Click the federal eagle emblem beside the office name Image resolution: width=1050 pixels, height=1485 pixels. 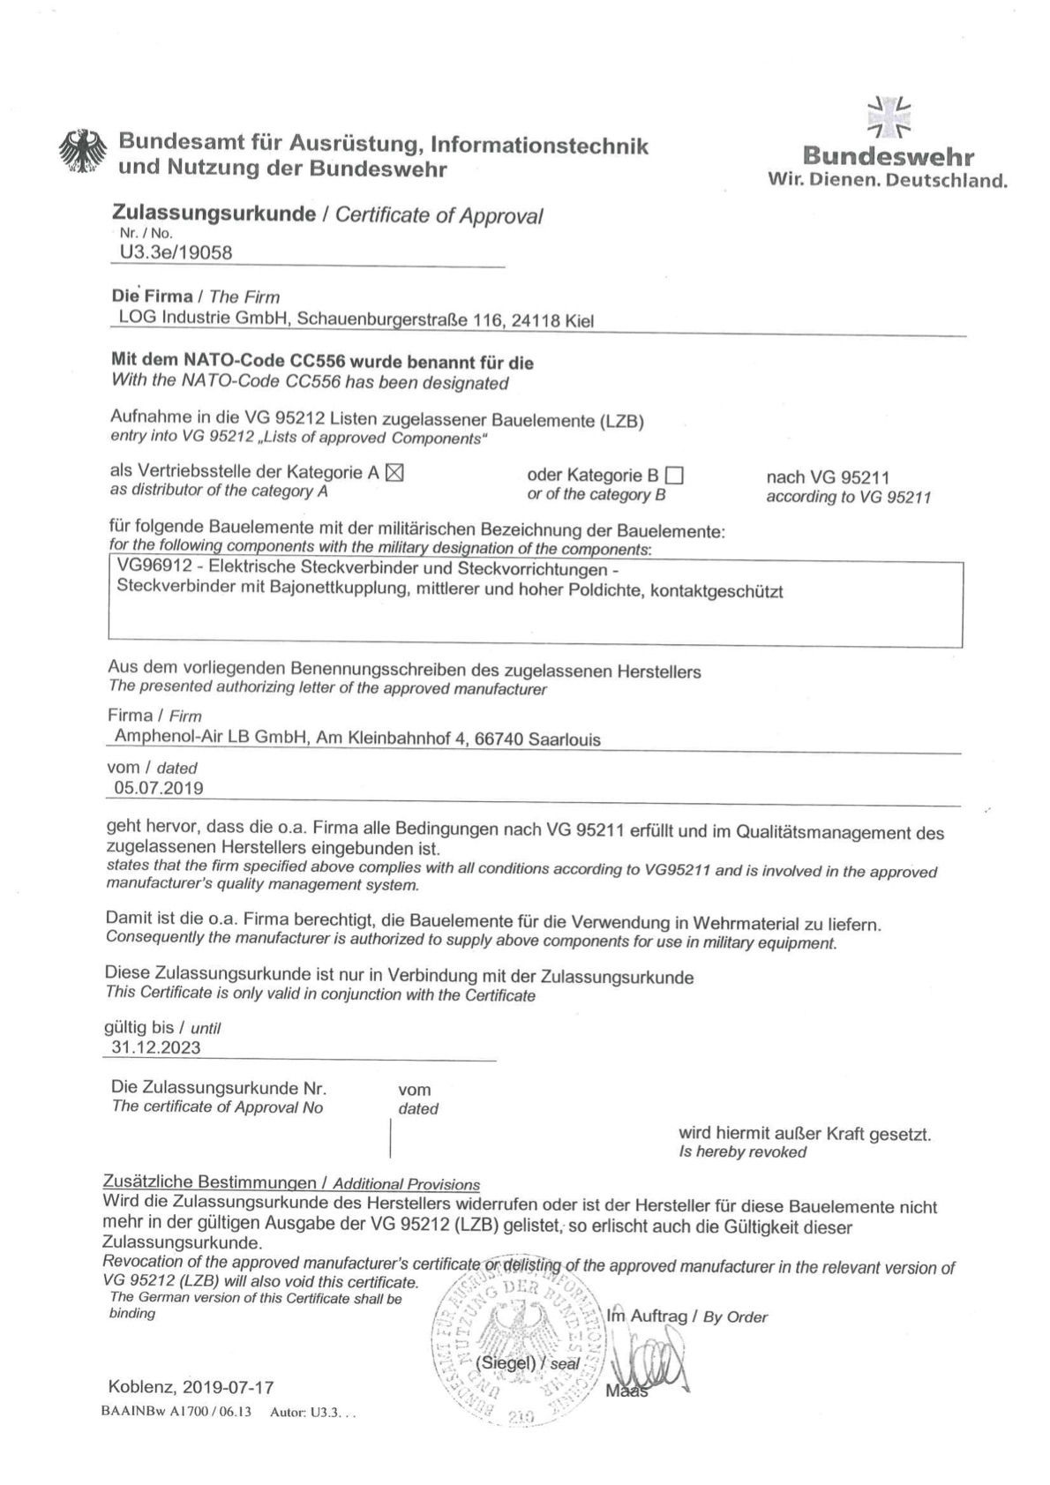click(82, 154)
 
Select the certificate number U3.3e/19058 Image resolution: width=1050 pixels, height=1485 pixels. click(176, 253)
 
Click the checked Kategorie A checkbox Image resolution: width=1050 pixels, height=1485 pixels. click(394, 473)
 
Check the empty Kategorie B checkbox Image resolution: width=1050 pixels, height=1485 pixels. click(674, 476)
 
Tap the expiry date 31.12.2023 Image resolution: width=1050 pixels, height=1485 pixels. click(156, 1047)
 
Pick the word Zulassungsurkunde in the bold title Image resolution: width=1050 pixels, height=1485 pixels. click(214, 214)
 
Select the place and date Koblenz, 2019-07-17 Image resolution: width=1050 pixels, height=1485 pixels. click(191, 1386)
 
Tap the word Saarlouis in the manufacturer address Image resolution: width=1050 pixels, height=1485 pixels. click(564, 739)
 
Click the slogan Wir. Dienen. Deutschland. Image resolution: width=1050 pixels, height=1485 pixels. click(887, 182)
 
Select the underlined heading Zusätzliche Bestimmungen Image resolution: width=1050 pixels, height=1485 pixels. click(209, 1181)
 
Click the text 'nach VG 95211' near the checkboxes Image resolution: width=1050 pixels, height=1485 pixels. click(828, 477)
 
